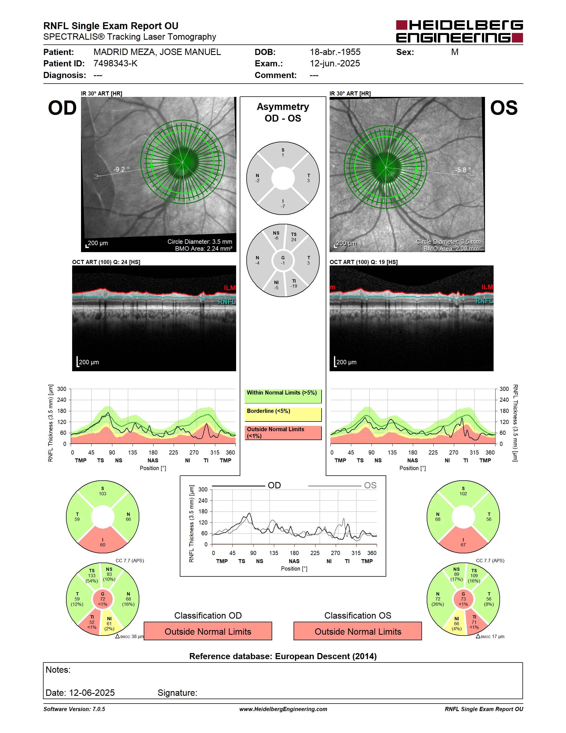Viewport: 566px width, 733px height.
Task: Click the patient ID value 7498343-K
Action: (x=115, y=63)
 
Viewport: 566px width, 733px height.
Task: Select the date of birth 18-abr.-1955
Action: (x=335, y=52)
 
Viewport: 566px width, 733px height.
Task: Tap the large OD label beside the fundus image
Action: (x=62, y=108)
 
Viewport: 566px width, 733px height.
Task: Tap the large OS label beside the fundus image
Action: (x=504, y=108)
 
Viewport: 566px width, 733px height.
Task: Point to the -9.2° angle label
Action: (x=121, y=169)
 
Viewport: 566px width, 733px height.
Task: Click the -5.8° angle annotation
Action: (x=463, y=170)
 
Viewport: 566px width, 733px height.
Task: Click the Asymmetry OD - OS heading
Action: (x=283, y=112)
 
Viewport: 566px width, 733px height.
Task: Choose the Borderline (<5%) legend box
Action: (x=283, y=415)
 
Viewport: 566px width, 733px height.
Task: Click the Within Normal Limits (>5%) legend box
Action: (x=283, y=396)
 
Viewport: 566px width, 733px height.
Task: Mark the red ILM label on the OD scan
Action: (x=230, y=288)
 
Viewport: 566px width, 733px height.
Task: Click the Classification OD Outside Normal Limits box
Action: (x=208, y=631)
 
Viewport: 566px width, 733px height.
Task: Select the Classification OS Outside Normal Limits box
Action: (x=358, y=631)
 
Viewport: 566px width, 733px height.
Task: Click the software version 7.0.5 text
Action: (x=74, y=709)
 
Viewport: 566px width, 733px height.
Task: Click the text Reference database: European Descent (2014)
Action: (x=283, y=656)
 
